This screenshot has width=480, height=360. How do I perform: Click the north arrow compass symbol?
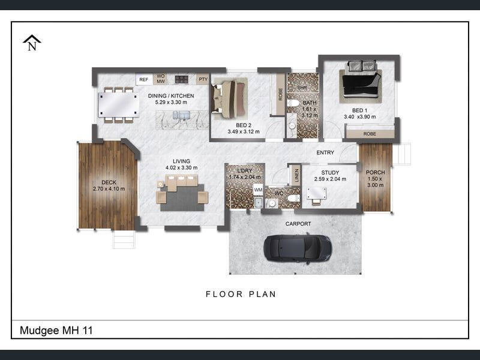coord(32,43)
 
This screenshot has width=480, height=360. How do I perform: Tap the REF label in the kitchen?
coord(143,79)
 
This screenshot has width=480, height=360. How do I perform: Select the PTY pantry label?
coord(203,79)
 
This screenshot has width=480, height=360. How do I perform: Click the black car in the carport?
coord(298,247)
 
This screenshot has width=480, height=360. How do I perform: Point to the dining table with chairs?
coord(119,105)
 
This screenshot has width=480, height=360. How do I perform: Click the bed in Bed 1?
coord(360,82)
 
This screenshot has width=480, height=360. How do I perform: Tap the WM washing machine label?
coord(258,190)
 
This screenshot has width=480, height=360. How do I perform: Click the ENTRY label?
coord(325,152)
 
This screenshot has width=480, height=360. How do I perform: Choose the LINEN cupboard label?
coord(296,175)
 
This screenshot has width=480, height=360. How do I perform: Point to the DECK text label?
coord(109,182)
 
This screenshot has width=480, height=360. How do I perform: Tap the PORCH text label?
coord(376,173)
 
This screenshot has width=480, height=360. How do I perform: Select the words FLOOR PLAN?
coord(241,294)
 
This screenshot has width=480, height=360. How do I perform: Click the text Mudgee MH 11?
coord(56,330)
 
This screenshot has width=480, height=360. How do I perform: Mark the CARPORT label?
coord(298,224)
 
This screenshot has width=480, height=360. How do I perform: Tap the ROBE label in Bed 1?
coord(370,134)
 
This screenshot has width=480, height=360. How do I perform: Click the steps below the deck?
coord(124,239)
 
